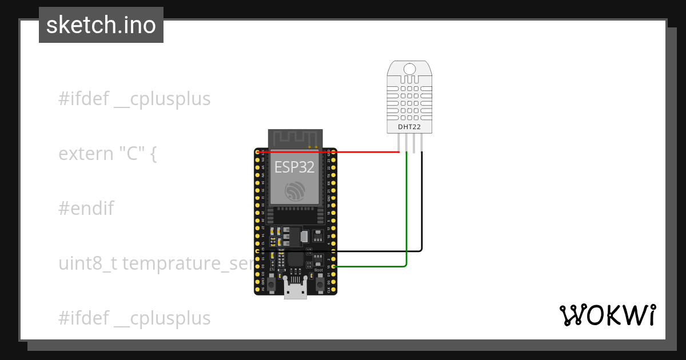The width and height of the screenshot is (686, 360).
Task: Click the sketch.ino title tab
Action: [x=101, y=25]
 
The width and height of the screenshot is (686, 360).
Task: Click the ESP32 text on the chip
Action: [x=294, y=166]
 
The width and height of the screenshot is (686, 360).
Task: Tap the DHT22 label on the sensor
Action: [x=409, y=126]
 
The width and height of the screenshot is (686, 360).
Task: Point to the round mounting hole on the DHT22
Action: [x=409, y=69]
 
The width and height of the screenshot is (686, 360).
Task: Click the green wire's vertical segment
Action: [x=406, y=211]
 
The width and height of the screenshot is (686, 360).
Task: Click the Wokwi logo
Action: [x=607, y=315]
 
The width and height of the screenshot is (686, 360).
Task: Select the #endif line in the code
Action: [x=86, y=209]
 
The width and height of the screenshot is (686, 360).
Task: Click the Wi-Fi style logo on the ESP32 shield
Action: [x=295, y=191]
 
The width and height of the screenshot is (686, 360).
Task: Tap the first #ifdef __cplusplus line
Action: [x=134, y=99]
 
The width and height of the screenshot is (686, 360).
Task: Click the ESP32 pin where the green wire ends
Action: [x=334, y=266]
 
